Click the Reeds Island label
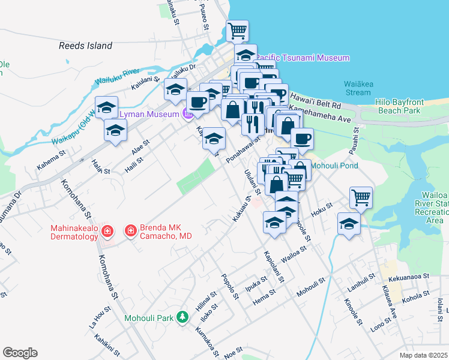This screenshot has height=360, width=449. (85, 46)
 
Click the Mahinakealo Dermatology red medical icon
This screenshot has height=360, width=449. (107, 230)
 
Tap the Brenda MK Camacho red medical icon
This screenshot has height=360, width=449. (130, 230)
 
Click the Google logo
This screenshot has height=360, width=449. (20, 353)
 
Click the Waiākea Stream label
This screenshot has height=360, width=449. (358, 88)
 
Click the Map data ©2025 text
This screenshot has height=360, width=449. (424, 355)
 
